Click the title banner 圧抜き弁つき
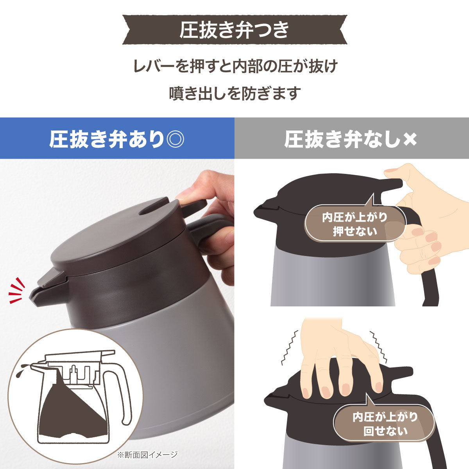234,30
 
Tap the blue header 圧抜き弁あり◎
117,139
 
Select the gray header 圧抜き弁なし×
351,139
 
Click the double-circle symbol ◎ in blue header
174,140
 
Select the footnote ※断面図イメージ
147,454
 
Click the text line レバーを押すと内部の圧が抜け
234,66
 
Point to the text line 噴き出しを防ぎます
234,94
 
